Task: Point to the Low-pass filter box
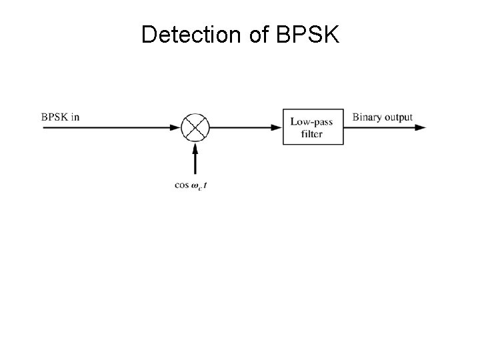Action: pos(313,127)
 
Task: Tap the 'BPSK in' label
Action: pos(60,117)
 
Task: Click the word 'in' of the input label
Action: pos(75,117)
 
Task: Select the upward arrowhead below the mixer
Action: pos(195,149)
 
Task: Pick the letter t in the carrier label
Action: pos(205,185)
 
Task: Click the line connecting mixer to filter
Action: pos(240,127)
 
